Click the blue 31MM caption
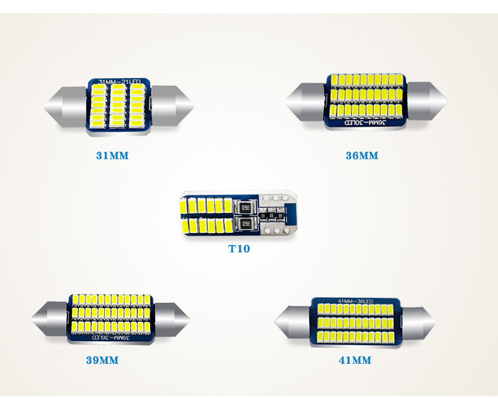(112, 155)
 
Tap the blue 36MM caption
(362, 155)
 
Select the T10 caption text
(239, 249)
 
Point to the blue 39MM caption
(102, 361)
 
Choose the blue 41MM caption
(355, 361)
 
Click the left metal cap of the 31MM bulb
(65, 104)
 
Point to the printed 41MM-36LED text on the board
(356, 299)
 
